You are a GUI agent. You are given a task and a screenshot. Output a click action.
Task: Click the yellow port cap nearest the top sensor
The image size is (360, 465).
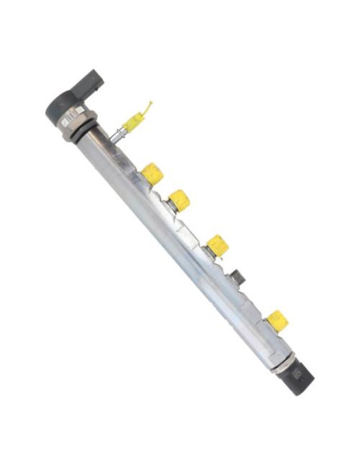pos(152,173)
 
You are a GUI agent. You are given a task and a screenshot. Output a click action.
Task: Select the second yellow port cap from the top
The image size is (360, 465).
pos(180,199)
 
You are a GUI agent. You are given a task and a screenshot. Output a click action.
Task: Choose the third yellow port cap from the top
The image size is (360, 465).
pos(217,245)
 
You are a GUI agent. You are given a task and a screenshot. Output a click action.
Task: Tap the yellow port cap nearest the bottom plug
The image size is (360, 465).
pos(276,320)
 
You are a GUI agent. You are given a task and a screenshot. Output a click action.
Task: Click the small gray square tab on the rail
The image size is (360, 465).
pos(240,279)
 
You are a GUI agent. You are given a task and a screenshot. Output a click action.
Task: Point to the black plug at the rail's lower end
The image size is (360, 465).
pos(299,377)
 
